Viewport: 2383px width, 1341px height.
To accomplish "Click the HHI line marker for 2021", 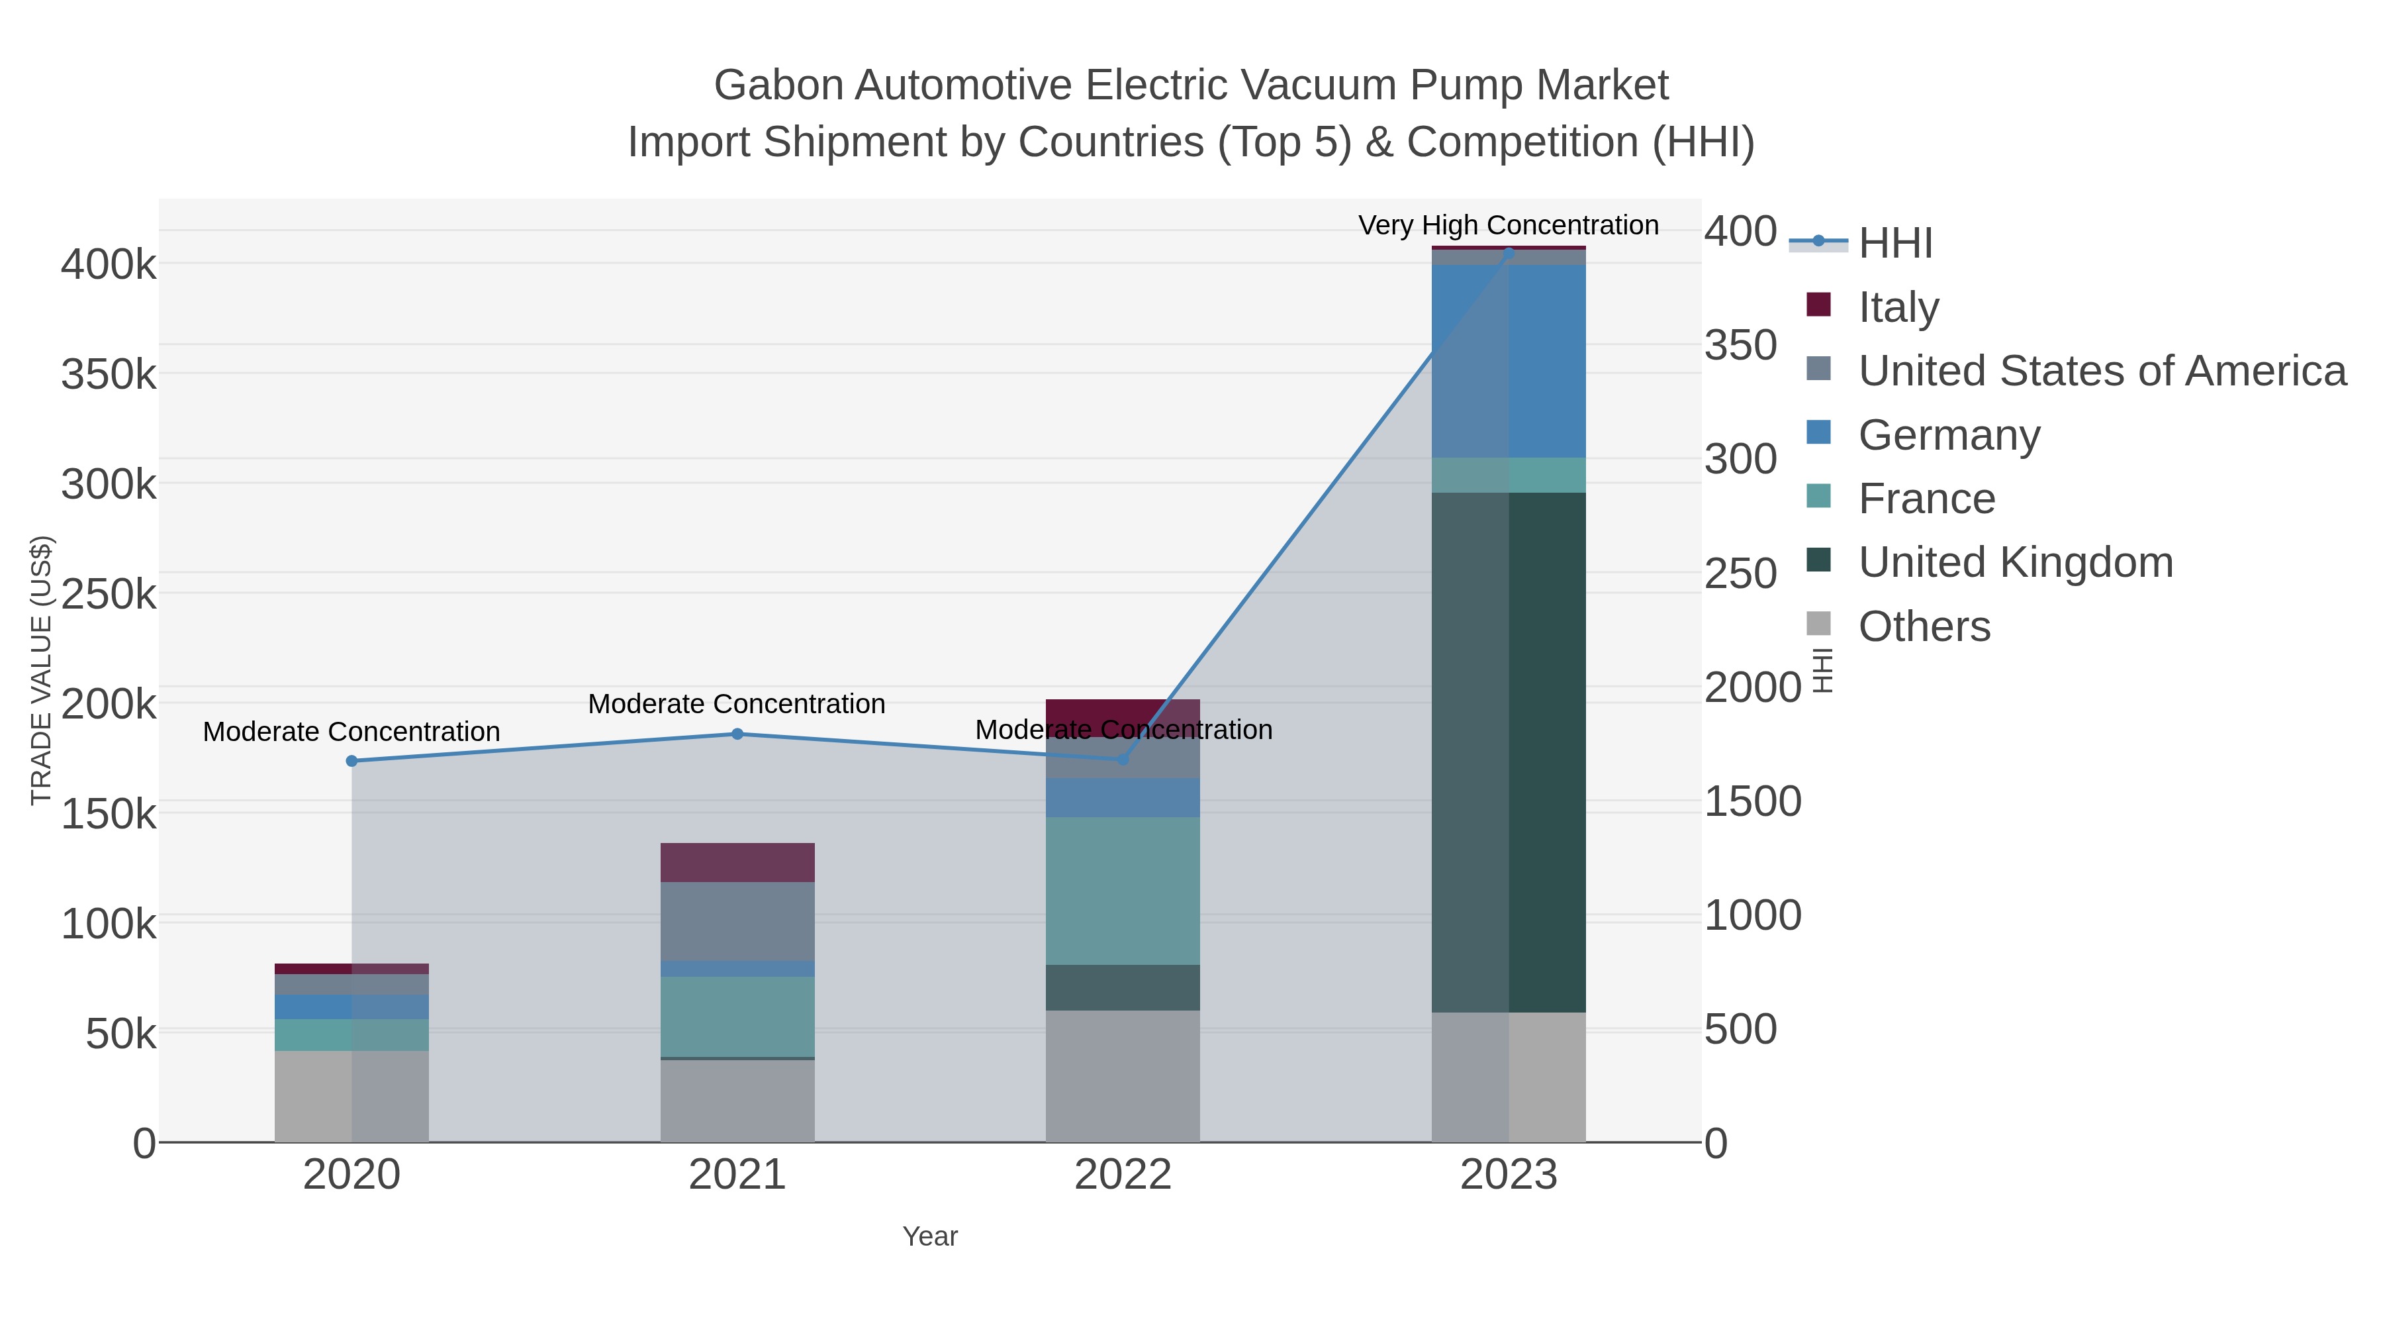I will [x=737, y=734].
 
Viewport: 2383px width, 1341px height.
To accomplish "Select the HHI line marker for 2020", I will [x=351, y=761].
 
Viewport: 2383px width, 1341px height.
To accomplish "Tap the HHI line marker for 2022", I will [x=1123, y=759].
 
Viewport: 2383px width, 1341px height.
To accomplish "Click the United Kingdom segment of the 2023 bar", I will [x=1509, y=752].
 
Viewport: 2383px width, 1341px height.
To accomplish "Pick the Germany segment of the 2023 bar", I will [x=1509, y=361].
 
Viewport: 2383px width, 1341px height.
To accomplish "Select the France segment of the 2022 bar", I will [x=1123, y=890].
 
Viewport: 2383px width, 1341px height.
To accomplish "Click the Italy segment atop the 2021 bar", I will [x=737, y=862].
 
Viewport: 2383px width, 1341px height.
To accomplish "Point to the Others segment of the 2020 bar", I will [x=351, y=1096].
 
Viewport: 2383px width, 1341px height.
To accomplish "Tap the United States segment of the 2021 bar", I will [x=737, y=921].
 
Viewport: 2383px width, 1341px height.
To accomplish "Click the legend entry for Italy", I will [x=1898, y=307].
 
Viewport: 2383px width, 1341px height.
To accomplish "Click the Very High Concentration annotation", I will [x=1508, y=225].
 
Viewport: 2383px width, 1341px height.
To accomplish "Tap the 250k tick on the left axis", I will [x=109, y=594].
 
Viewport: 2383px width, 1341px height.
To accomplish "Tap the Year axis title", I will [x=930, y=1236].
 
